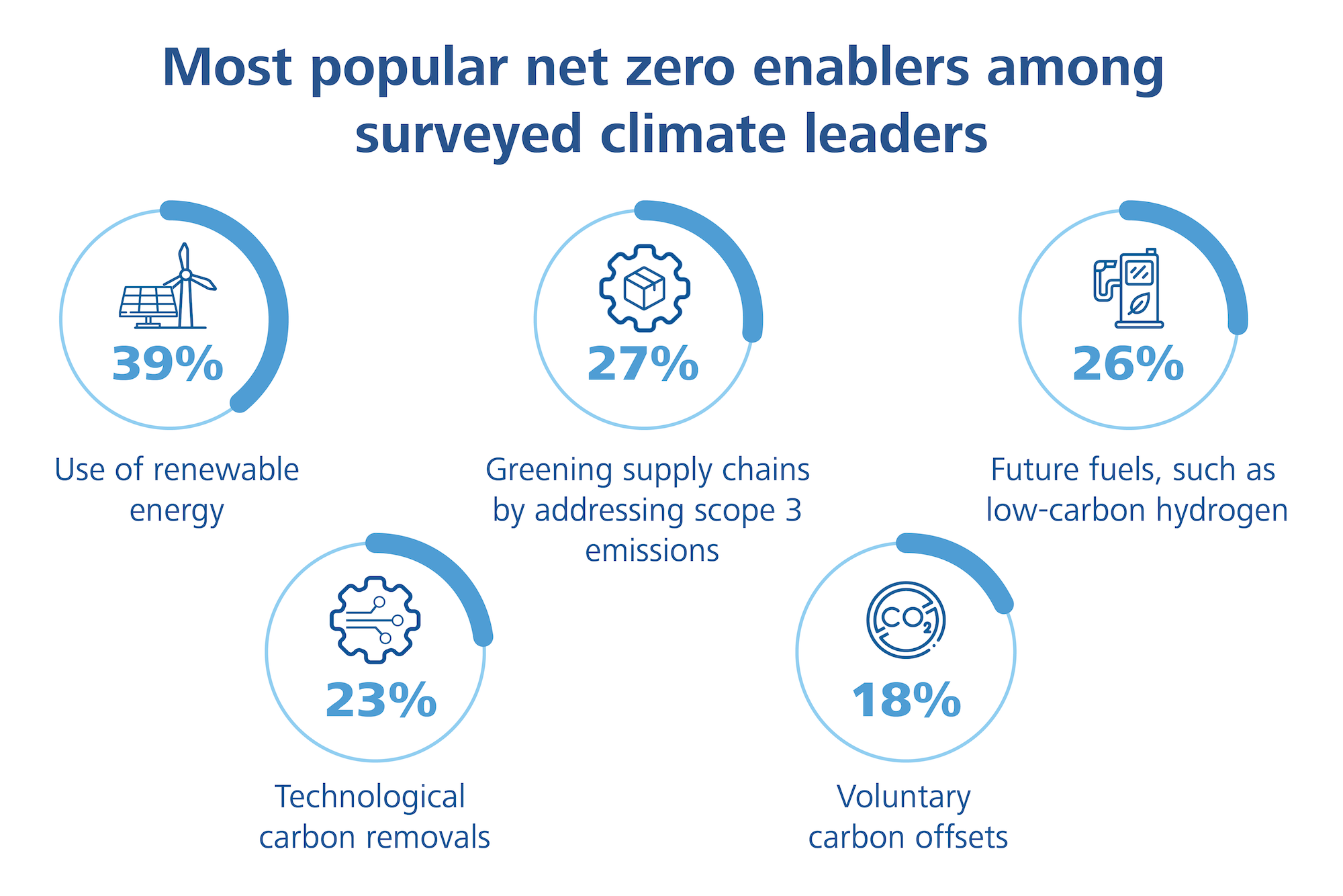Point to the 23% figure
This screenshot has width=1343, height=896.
[x=381, y=700]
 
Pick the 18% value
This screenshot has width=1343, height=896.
[x=906, y=700]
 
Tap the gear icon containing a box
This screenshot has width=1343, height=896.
[x=645, y=287]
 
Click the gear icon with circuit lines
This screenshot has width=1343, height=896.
[x=375, y=619]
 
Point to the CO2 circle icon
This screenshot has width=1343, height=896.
[x=906, y=619]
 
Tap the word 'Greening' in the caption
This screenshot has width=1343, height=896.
[x=549, y=471]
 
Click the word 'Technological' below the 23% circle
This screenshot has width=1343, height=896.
[x=370, y=797]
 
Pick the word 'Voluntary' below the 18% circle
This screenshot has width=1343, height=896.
[x=904, y=797]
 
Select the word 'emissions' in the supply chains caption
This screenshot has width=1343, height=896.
[x=652, y=551]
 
